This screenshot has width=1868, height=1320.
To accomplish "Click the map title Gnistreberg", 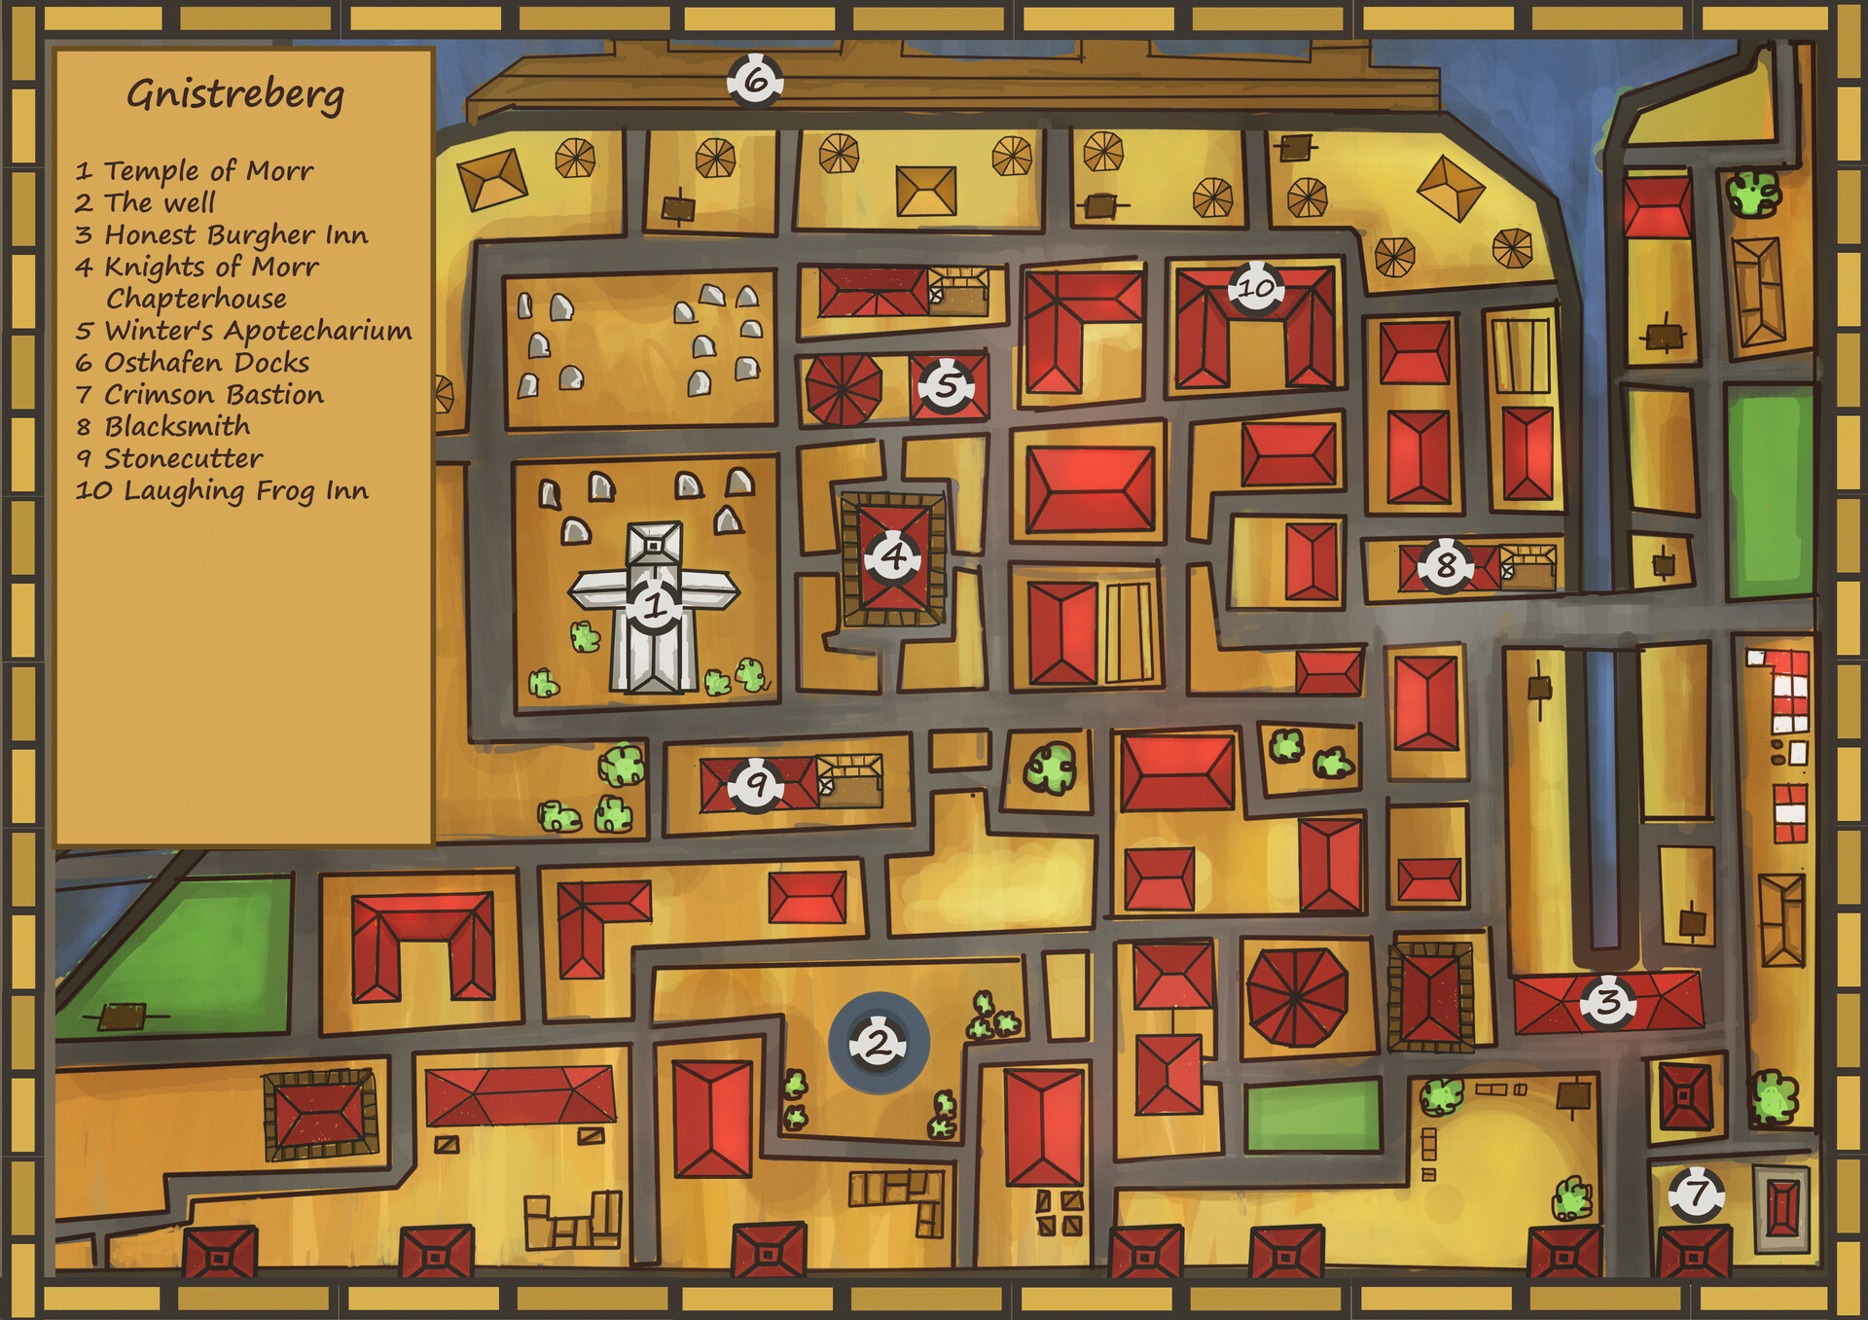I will (x=235, y=95).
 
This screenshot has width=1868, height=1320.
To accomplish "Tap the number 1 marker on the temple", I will (x=654, y=606).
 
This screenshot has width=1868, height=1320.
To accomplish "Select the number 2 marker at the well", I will (x=878, y=1044).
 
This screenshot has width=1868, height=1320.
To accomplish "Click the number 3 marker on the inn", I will (x=1607, y=1001).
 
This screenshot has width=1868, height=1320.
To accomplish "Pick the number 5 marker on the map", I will (x=946, y=385).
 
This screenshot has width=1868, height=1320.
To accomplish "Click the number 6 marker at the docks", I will (x=755, y=81).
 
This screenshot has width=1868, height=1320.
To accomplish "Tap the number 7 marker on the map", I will (x=1696, y=1193).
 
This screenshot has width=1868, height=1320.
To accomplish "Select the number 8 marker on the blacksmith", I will (x=1445, y=564).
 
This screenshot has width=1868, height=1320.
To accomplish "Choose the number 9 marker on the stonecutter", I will (x=756, y=783).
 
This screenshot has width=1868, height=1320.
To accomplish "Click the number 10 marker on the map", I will (x=1255, y=288).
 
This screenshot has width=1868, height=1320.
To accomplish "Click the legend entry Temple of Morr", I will (x=208, y=171).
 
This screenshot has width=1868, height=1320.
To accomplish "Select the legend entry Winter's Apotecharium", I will (x=258, y=331).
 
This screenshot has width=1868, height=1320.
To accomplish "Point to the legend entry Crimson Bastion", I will (x=213, y=395).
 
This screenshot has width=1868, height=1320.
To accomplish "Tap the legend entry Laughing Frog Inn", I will (x=245, y=491).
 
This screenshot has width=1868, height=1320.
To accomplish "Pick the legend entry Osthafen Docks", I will (x=206, y=363).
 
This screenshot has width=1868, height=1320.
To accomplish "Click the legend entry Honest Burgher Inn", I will (x=235, y=235).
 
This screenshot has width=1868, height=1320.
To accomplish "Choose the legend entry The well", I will (x=160, y=203).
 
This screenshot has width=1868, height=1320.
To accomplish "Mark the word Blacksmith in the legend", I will (x=177, y=427).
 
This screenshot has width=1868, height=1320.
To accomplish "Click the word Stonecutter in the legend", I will (x=183, y=459).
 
